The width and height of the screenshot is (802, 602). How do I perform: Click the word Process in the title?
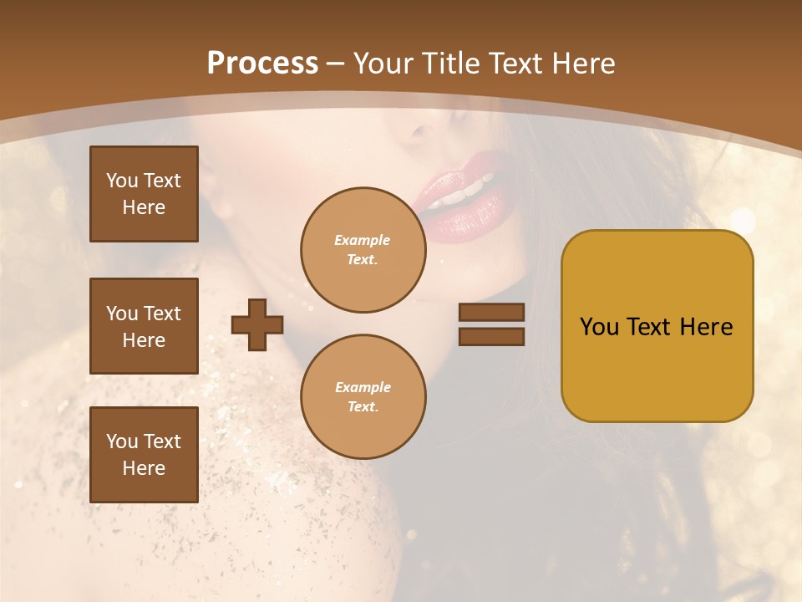click(x=262, y=64)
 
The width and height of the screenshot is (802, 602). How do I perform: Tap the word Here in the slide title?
click(x=581, y=64)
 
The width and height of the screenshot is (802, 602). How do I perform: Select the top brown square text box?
click(x=144, y=194)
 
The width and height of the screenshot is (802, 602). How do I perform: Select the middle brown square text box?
click(x=144, y=326)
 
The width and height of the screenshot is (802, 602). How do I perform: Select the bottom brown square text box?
click(x=144, y=455)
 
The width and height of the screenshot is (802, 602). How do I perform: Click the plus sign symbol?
click(x=257, y=324)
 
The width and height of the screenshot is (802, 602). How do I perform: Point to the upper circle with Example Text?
click(x=363, y=250)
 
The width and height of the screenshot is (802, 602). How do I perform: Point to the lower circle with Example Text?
click(x=363, y=397)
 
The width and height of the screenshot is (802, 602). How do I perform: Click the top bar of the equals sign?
click(x=491, y=313)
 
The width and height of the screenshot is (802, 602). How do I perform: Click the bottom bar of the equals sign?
click(x=491, y=336)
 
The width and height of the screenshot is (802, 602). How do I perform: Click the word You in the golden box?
click(x=599, y=327)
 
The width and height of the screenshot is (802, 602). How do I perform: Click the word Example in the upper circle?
click(x=362, y=241)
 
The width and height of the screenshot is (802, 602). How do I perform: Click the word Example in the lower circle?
click(x=362, y=388)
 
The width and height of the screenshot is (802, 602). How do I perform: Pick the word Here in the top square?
click(x=144, y=208)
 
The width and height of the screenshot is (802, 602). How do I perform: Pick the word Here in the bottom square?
click(x=144, y=469)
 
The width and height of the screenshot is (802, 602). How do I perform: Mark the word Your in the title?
click(x=383, y=64)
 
